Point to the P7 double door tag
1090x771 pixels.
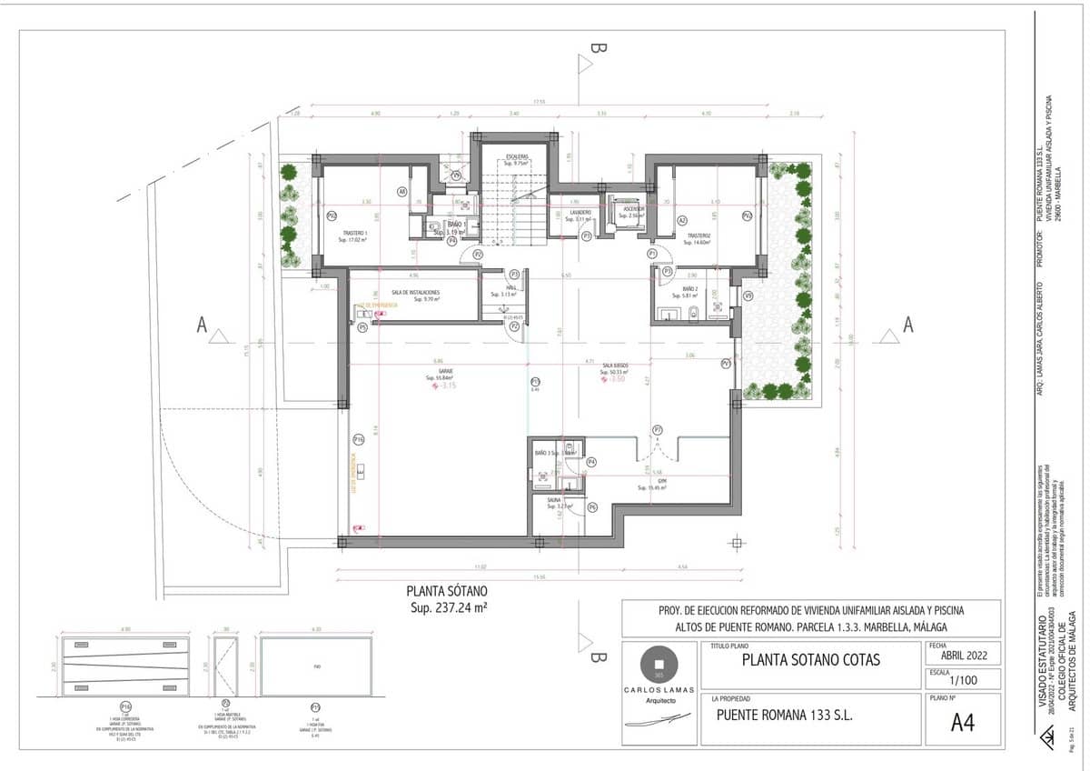point(657,430)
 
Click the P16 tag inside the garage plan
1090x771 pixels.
point(359,440)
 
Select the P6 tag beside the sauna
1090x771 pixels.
point(591,506)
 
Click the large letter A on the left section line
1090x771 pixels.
point(203,325)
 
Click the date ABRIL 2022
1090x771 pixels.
point(963,654)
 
